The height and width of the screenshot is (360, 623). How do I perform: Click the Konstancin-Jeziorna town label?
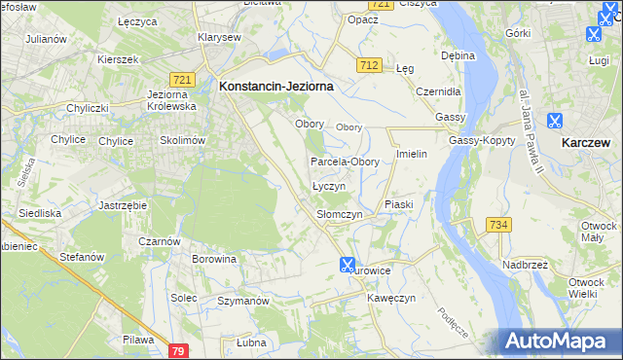[276, 86]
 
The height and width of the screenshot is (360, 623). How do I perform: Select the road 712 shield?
[368, 65]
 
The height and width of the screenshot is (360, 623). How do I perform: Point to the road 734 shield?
[499, 225]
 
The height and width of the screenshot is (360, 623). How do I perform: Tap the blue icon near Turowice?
[348, 264]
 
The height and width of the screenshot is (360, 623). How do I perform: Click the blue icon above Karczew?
[555, 122]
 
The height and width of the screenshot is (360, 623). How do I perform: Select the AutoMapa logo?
[559, 341]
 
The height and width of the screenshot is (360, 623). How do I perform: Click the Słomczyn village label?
[340, 214]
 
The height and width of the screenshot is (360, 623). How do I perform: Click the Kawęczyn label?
[392, 298]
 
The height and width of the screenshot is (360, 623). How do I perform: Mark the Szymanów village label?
[242, 302]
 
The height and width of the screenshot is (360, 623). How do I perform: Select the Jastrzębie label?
[122, 206]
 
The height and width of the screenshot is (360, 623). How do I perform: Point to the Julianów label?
[46, 39]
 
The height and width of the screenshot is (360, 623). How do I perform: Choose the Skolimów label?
[182, 140]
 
